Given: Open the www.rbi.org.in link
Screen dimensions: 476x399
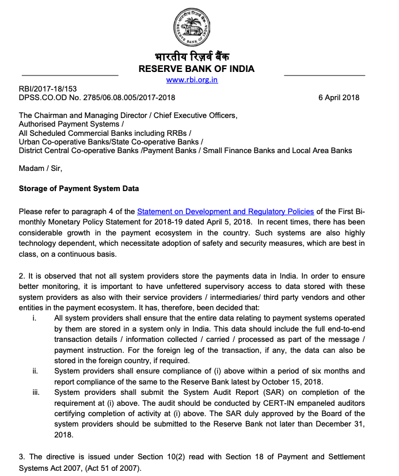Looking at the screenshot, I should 192,80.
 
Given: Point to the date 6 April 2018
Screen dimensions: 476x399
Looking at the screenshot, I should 339,97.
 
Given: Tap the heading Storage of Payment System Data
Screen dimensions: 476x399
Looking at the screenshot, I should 79,188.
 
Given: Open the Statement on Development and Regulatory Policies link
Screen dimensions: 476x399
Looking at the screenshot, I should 225,212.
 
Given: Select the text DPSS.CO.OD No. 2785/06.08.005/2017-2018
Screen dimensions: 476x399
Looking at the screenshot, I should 97,97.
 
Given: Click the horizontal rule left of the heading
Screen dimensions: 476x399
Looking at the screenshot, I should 70,75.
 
